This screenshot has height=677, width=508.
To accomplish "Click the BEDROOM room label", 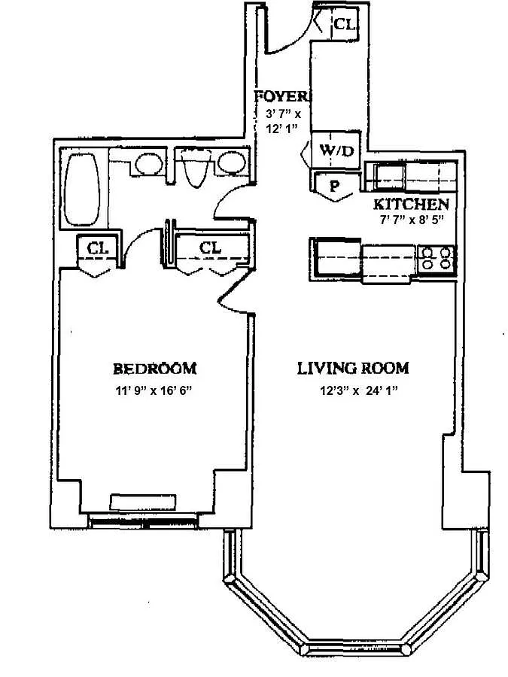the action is click(x=154, y=369).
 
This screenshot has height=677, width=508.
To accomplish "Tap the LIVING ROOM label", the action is click(x=353, y=369).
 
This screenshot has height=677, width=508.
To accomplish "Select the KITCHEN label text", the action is click(x=412, y=205).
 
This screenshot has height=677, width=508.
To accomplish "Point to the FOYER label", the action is click(x=281, y=96).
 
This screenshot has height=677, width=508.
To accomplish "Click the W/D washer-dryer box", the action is click(x=336, y=150).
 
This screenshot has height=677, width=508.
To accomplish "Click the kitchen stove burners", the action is click(x=437, y=258).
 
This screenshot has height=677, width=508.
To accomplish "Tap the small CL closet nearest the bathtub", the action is click(x=96, y=247).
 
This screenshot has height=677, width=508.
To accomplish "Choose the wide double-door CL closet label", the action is click(x=210, y=247).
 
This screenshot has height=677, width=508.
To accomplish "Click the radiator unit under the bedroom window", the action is click(x=143, y=501).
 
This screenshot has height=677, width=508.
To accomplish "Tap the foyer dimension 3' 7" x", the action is click(x=283, y=114).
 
